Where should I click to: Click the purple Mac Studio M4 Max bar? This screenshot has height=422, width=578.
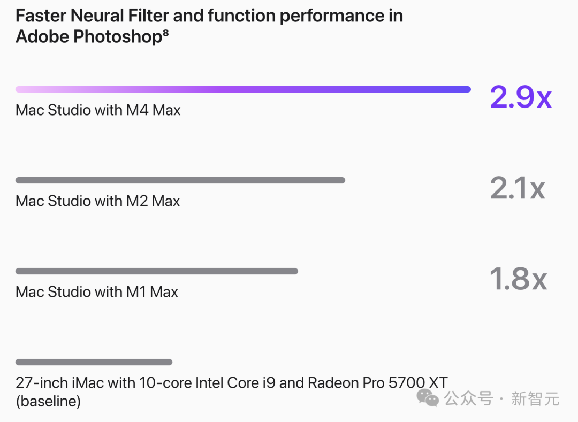243,89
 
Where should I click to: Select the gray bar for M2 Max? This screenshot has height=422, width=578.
180,180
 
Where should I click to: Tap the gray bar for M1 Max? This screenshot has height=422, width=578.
157,271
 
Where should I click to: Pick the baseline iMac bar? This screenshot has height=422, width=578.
94,362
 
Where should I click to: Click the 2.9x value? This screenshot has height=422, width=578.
521,97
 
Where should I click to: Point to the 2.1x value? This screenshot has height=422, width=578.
517,188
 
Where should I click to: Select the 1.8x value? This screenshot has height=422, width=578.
518,279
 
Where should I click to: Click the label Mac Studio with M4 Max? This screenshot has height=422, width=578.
98,110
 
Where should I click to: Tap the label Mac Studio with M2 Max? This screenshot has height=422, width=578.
98,201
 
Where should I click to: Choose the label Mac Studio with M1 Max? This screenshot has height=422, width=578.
96,292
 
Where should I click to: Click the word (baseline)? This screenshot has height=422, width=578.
48,401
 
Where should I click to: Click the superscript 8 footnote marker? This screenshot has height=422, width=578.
165,33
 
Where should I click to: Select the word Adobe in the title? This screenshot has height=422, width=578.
42,37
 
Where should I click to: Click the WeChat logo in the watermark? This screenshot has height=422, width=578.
428,398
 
